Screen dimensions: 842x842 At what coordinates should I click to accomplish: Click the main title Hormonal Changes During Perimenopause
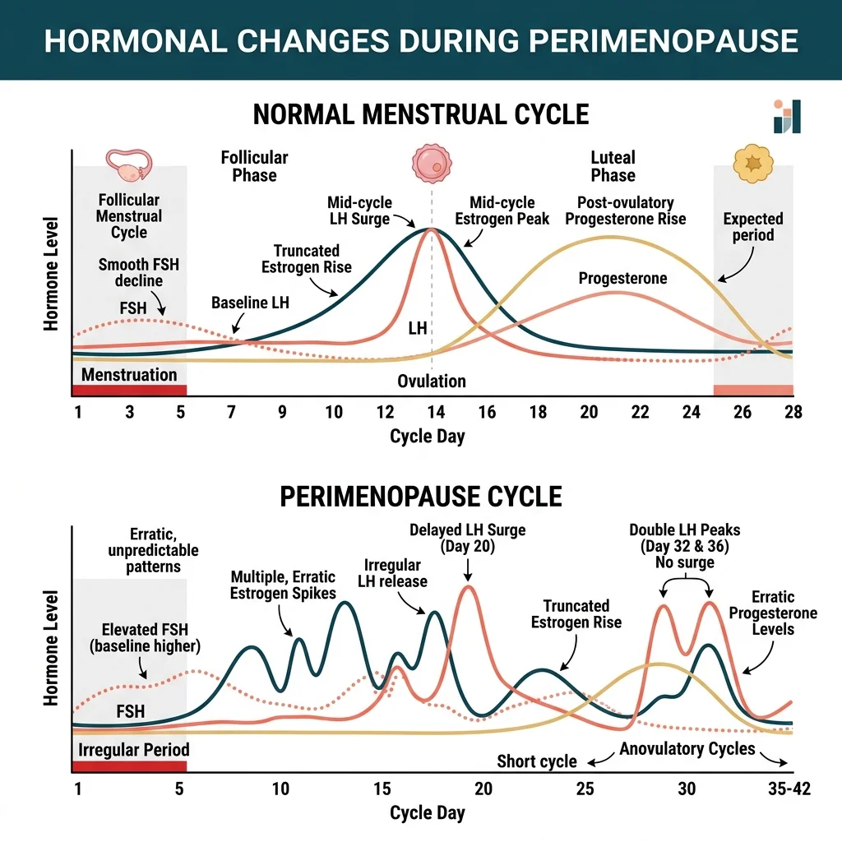(x=421, y=40)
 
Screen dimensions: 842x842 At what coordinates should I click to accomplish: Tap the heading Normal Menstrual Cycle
(x=421, y=114)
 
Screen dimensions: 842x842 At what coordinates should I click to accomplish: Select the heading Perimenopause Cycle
(x=421, y=497)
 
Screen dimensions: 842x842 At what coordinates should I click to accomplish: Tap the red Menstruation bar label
(x=128, y=375)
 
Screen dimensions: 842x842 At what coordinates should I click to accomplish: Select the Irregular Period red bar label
(x=133, y=750)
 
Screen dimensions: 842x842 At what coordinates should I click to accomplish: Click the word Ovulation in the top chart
(x=432, y=382)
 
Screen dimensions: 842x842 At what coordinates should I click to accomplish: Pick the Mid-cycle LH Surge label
(x=359, y=210)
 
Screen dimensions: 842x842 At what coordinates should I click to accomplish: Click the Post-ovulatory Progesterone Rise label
(x=625, y=210)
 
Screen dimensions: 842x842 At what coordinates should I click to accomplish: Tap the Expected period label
(x=753, y=227)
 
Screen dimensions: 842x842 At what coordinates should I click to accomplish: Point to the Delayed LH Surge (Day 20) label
(x=467, y=539)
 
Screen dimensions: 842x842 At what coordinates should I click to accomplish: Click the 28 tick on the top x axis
(x=793, y=413)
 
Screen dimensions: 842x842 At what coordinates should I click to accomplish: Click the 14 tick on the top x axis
(x=435, y=413)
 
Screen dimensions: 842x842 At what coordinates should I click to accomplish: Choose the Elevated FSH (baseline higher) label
(x=145, y=638)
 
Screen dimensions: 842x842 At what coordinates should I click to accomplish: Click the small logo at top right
(x=786, y=117)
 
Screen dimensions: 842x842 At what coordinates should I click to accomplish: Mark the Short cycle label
(x=537, y=761)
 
